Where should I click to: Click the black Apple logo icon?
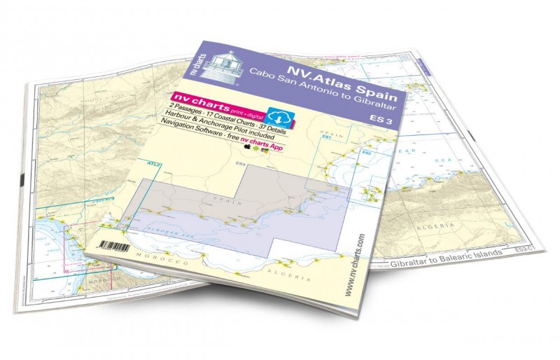246,150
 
